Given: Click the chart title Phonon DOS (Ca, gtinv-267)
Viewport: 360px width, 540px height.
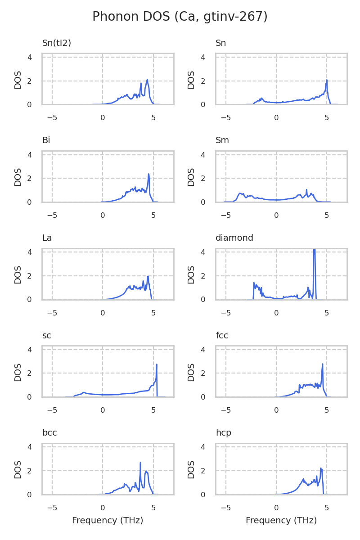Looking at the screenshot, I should pos(180,17).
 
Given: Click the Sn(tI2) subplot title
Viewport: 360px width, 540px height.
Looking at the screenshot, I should pos(57,43).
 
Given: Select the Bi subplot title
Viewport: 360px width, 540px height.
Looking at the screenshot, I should pos(46,140).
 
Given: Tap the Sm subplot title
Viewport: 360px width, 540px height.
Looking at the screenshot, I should pos(222,140).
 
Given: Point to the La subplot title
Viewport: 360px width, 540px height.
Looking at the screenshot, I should pos(47,238).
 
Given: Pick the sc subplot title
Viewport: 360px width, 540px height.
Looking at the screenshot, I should pos(46,336).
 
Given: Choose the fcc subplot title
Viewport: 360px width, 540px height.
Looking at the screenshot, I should pos(221,336).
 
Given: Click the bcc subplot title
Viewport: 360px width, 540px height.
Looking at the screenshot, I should pos(49,433).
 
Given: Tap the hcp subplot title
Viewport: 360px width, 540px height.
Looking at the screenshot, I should pos(223,433).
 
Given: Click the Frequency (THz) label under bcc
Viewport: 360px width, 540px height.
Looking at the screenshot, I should pos(108,521).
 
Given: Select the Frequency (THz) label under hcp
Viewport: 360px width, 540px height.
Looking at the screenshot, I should pos(281,521).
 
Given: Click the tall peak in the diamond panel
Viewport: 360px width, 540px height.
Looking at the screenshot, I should pos(314,250).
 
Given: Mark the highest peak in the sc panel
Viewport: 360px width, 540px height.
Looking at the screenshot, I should pos(157,364).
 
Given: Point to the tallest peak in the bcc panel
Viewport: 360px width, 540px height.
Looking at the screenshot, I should pos(140,463).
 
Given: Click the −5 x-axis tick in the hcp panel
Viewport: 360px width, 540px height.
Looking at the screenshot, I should pos(225,508).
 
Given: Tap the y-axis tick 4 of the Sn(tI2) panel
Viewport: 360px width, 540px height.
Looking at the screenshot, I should pos(30,57).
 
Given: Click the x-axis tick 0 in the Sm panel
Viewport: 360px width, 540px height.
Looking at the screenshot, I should pos(276,215).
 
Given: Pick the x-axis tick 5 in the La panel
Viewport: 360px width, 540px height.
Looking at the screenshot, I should pos(153,313).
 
